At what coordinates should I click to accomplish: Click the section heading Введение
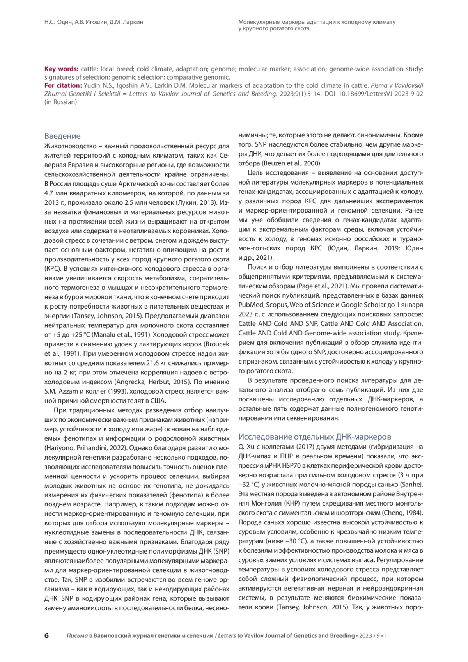tap(62, 136)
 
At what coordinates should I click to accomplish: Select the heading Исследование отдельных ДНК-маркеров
tap(315, 437)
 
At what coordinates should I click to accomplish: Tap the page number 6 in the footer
tap(46, 635)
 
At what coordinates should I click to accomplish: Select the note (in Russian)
tap(60, 102)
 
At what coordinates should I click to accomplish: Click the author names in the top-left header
tap(94, 22)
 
